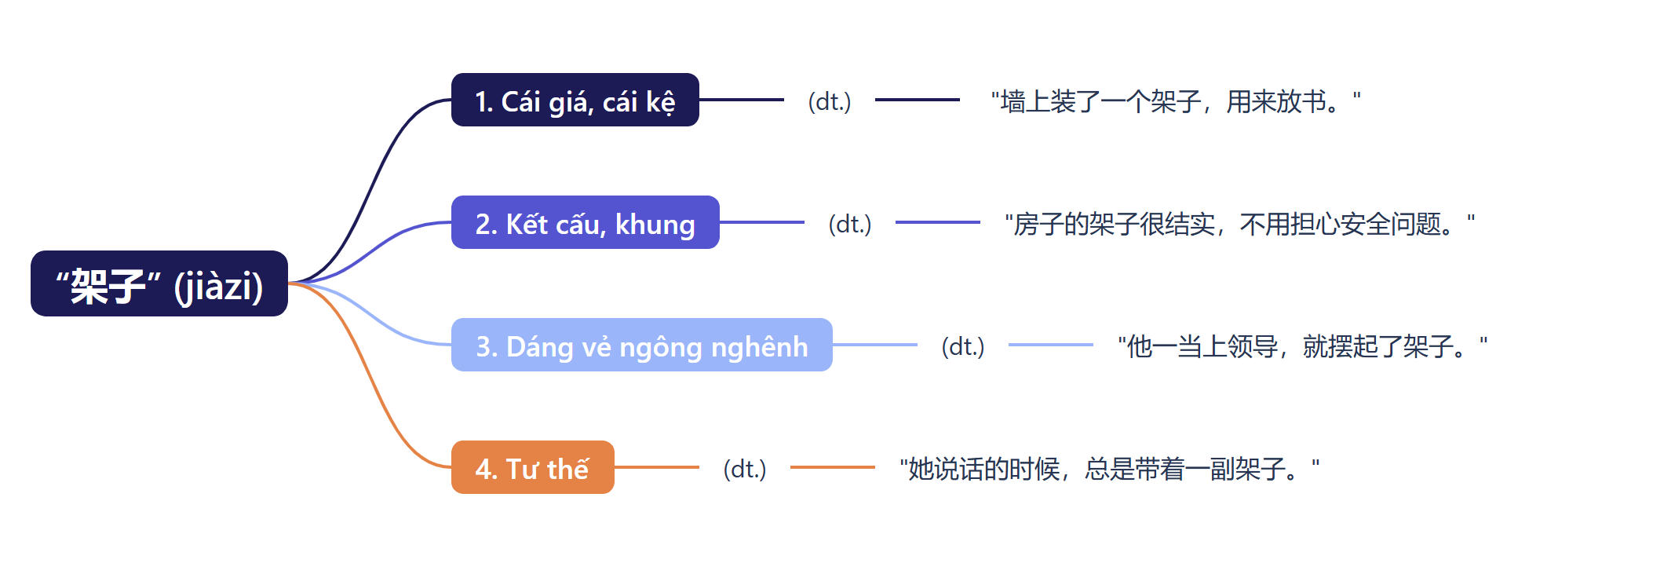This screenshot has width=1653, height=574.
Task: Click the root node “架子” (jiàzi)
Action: tap(159, 283)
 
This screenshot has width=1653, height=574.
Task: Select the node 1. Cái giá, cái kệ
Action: tap(575, 101)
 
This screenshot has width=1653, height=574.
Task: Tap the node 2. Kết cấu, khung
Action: tap(585, 223)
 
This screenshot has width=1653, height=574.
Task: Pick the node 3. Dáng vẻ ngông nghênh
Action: tap(641, 345)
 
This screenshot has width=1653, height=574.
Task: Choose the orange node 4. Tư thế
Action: tap(532, 468)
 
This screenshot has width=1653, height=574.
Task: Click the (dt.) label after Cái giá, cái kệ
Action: tap(830, 101)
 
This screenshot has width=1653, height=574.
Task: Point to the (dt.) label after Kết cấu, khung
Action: tap(850, 224)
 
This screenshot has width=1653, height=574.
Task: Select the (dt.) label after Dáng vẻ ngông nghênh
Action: tap(963, 346)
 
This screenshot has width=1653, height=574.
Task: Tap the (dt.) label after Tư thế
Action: tap(745, 469)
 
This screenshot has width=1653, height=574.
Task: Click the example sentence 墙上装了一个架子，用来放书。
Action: tap(1175, 101)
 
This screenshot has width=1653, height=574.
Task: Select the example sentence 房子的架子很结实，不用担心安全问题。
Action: tap(1239, 224)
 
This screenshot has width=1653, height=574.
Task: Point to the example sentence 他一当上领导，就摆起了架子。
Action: tap(1302, 346)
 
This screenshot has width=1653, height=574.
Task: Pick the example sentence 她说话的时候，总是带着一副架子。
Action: tap(1109, 469)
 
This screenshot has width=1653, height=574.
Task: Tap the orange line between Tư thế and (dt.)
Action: tap(657, 467)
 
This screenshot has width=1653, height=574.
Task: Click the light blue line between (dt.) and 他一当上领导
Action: tap(1050, 345)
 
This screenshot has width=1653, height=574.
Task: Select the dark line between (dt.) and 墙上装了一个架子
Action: tap(917, 100)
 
